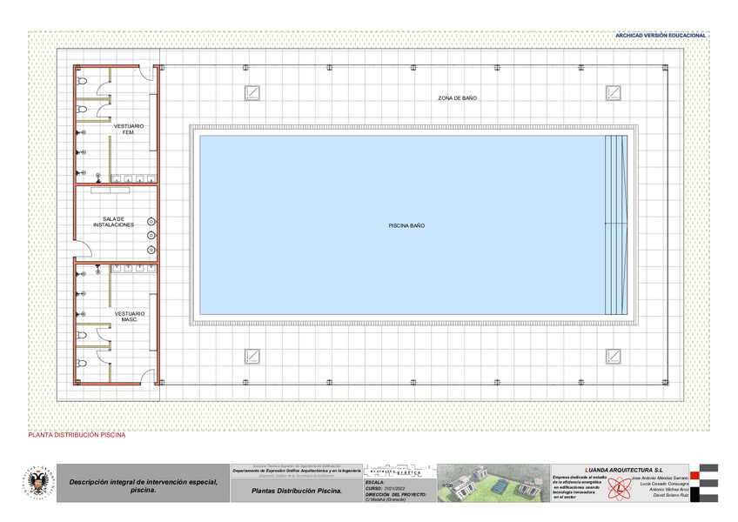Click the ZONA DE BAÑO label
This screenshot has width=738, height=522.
[x=457, y=98]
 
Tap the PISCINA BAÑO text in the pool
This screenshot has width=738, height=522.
[x=406, y=225]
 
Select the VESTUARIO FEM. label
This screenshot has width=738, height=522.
[x=128, y=129]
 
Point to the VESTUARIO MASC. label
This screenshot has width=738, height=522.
[x=129, y=316]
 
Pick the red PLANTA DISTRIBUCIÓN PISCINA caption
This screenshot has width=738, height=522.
[x=77, y=435]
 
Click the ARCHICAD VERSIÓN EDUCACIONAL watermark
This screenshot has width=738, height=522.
[x=661, y=36]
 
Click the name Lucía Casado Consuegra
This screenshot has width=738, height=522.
[x=663, y=484]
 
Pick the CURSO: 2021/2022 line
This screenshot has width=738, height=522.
[x=385, y=488]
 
